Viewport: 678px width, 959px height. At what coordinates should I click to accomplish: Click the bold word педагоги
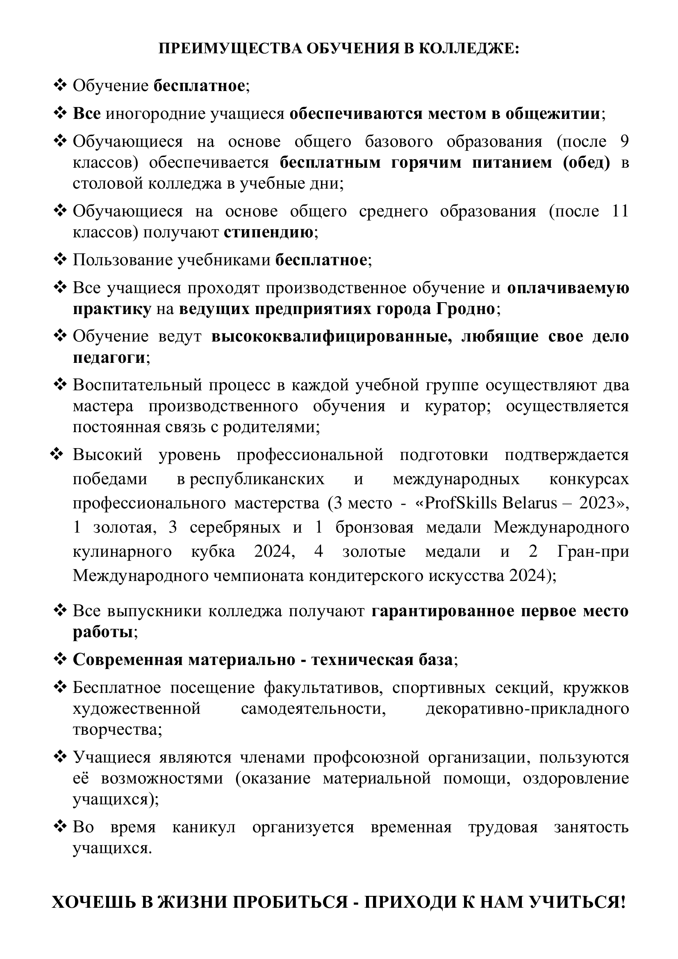point(109,358)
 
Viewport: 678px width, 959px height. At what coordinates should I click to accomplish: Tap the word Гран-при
point(593,551)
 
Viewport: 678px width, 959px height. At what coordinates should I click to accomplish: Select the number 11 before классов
point(619,211)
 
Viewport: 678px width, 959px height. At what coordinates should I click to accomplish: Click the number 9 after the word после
point(624,141)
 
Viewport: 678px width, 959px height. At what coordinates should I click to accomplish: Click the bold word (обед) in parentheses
point(586,162)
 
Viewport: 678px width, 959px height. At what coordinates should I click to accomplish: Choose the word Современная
point(127,660)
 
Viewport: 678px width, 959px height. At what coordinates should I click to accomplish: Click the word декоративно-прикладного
point(527,709)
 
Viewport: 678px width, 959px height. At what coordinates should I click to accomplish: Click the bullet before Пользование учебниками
point(61,260)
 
